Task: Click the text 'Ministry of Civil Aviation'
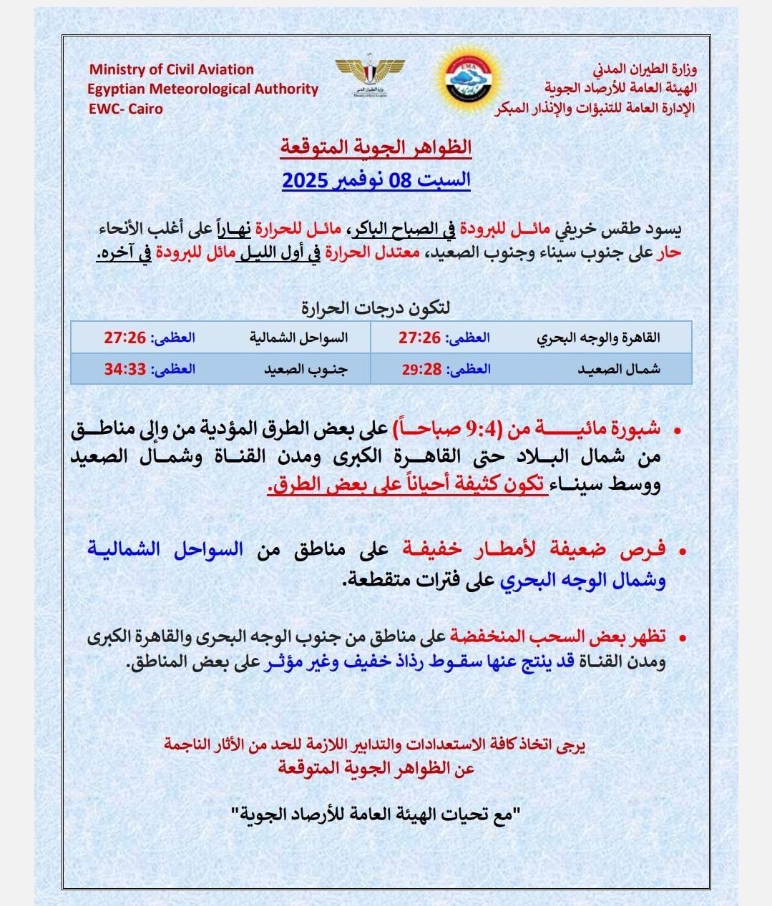coord(172,69)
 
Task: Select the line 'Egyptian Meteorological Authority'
coord(203,89)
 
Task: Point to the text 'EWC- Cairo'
coord(125,109)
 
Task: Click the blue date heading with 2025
coord(376,179)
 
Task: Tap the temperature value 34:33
coord(125,369)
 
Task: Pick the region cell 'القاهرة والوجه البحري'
coord(599,338)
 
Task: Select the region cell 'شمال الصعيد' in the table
coord(620,370)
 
